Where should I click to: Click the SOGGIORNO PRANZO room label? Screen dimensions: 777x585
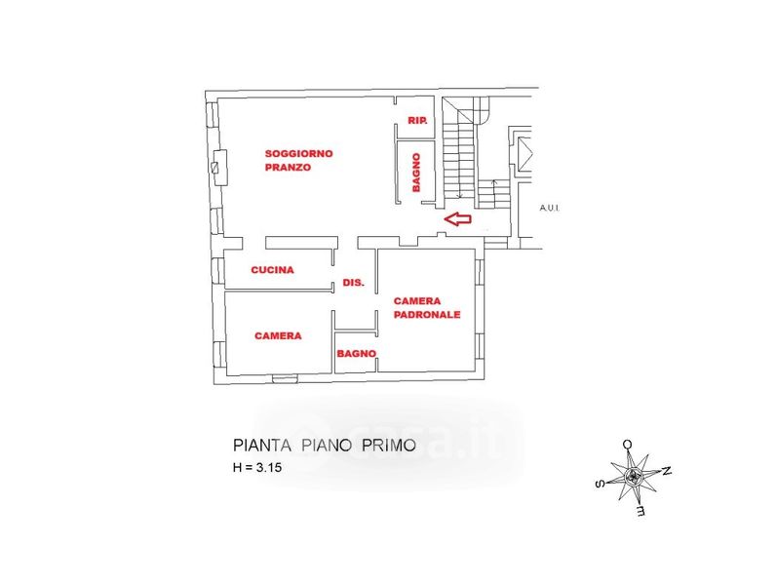(x=299, y=160)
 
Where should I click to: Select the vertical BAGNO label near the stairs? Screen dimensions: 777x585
(x=416, y=172)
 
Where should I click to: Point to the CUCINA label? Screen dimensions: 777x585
(x=272, y=270)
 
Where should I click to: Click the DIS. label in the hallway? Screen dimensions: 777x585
(x=353, y=283)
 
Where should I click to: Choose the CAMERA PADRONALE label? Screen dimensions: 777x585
(x=426, y=307)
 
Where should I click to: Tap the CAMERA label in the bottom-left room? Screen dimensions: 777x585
(x=278, y=335)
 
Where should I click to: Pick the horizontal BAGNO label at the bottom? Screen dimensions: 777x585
(x=357, y=354)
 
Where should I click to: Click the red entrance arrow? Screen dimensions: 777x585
(x=457, y=219)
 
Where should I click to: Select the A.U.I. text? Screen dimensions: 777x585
(x=553, y=209)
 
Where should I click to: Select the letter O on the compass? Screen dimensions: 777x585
(x=628, y=444)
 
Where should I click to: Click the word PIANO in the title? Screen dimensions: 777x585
(x=326, y=446)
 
